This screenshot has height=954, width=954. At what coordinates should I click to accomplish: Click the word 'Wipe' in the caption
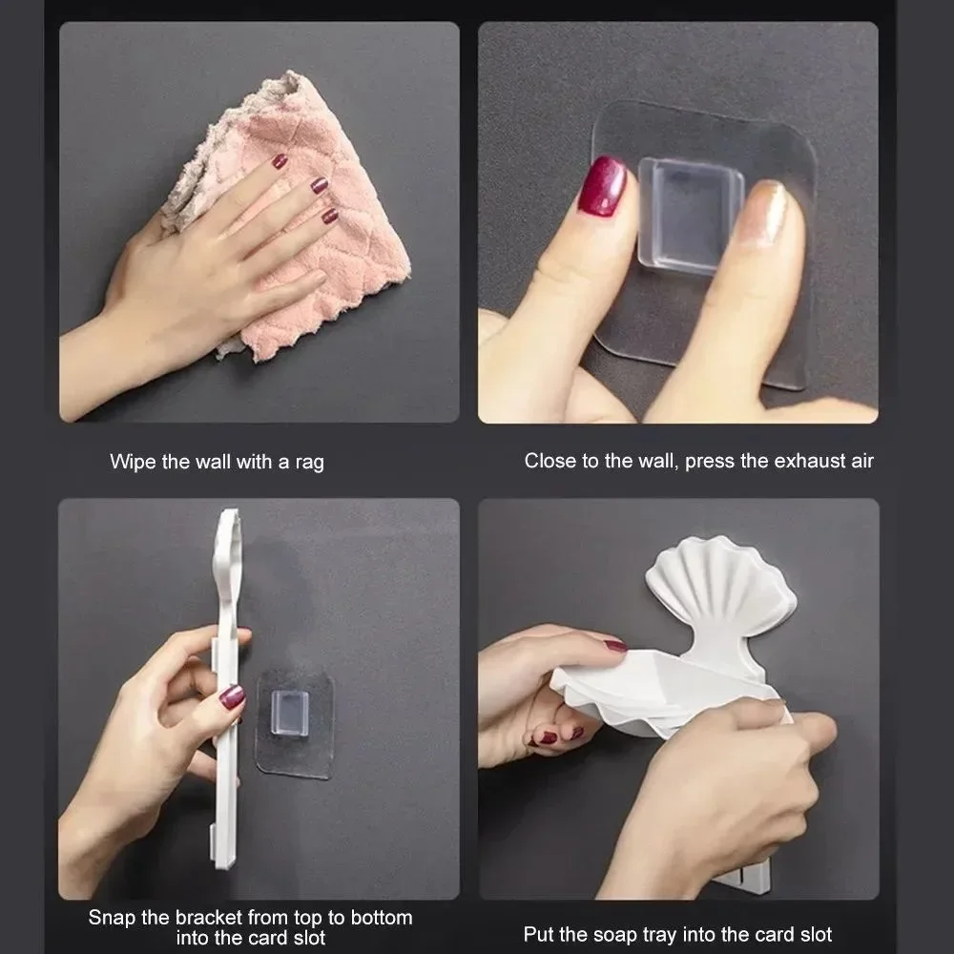coord(131,463)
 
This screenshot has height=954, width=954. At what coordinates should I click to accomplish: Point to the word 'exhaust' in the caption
coord(787,461)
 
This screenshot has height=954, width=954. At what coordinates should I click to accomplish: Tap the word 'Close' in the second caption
coord(549,461)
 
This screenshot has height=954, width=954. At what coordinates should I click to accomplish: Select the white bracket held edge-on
coord(225,687)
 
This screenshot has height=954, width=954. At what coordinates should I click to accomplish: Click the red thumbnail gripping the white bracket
coord(232,696)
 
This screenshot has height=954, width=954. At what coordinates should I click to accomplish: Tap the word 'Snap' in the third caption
coord(111,918)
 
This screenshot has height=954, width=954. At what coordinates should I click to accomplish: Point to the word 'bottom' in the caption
coord(383,918)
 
